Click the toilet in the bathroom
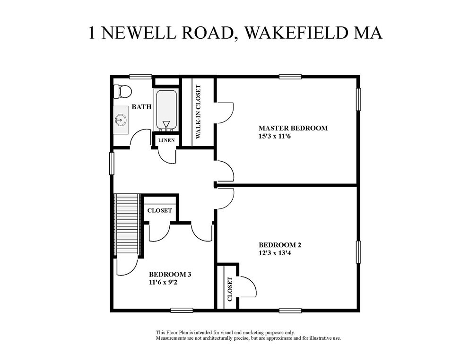point(122,91)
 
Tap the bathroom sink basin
point(121,120)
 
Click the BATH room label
point(141,107)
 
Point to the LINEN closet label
point(166,140)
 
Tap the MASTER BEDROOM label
point(293,128)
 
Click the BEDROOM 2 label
point(280,245)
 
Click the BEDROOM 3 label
point(170,274)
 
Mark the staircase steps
point(127,225)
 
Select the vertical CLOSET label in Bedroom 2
point(230,289)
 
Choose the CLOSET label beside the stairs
point(159,210)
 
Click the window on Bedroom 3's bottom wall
point(182,310)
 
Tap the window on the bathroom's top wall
point(140,77)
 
